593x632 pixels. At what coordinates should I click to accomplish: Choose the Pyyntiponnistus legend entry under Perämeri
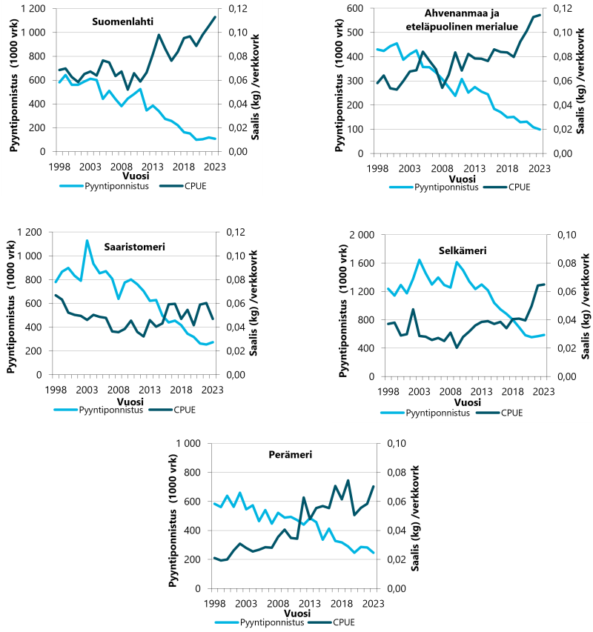[x=271, y=622]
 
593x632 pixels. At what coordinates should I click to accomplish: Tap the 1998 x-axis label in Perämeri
[x=215, y=602]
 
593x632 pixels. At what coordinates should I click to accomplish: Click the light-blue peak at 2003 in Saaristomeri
[x=87, y=240]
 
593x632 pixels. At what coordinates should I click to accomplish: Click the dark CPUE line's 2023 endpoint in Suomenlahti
[x=215, y=16]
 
